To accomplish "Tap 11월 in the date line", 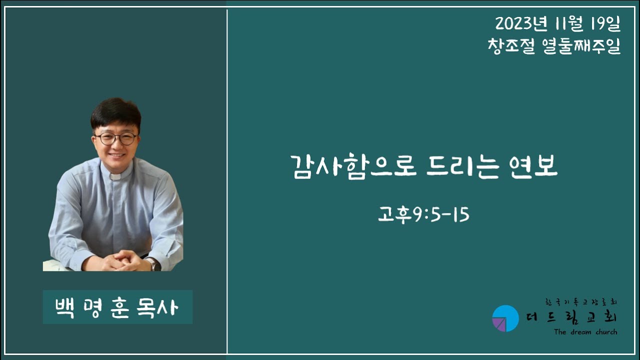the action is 569,23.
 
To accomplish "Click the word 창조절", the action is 511,45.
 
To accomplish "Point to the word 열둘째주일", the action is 581,45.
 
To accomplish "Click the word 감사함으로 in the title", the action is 354,167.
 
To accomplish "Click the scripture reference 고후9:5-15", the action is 423,214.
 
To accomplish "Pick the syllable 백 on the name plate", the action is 64,307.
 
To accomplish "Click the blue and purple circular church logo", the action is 505,318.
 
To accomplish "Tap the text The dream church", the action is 585,332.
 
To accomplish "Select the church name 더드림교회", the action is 571,317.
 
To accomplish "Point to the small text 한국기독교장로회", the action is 581,301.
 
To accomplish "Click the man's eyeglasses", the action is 116,138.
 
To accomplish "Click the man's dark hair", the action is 115,113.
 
